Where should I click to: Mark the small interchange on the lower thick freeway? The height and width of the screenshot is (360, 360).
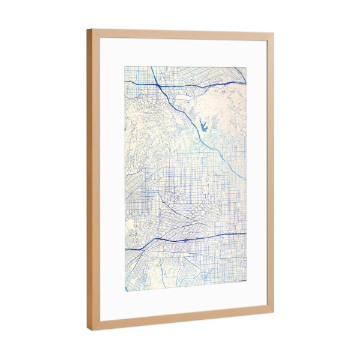188,238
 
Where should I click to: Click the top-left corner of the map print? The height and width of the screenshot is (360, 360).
125,66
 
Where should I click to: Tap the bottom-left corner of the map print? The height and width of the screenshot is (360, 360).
125,292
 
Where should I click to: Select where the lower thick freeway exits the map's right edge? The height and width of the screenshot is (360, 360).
246,233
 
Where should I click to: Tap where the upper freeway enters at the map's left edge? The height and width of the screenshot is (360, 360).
125,82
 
